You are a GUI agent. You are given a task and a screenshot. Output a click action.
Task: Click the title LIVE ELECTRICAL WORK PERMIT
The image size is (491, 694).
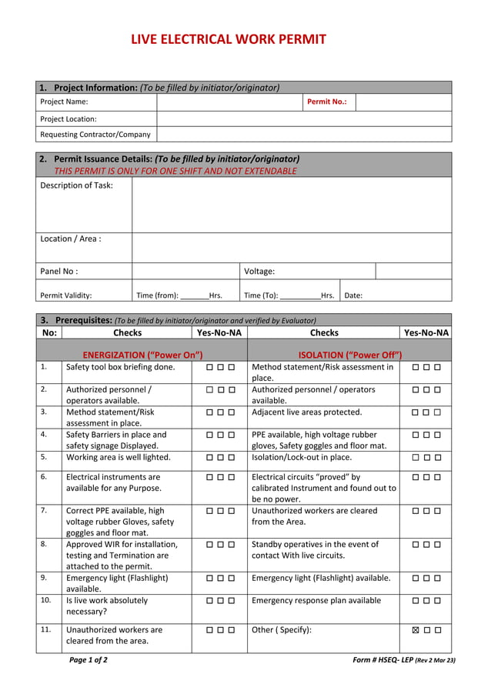click(x=228, y=39)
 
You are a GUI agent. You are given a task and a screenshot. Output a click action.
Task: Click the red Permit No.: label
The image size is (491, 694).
click(x=326, y=102)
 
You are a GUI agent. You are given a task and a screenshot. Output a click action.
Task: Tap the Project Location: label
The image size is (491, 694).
click(x=68, y=119)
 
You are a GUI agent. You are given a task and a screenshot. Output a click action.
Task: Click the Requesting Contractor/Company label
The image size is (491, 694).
click(x=95, y=135)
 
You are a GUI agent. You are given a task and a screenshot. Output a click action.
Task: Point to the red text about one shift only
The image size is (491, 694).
click(x=175, y=171)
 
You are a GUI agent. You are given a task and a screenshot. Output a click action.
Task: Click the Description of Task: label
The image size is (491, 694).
click(x=76, y=185)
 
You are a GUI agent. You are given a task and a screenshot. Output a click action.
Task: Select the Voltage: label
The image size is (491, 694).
click(x=259, y=272)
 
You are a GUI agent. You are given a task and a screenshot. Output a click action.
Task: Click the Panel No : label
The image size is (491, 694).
click(x=59, y=272)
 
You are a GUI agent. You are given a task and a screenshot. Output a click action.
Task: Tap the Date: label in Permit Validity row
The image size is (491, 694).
click(x=353, y=295)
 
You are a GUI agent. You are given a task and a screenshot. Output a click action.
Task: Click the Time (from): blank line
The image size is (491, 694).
click(x=194, y=296)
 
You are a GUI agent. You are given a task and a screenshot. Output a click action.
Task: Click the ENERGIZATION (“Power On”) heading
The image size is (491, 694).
click(x=142, y=355)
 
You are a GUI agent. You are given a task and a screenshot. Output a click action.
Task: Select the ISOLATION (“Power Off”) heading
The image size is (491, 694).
click(x=350, y=355)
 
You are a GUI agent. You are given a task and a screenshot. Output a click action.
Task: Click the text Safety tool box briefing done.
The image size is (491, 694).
click(x=120, y=368)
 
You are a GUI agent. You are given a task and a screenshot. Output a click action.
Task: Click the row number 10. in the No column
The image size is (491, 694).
click(x=45, y=600)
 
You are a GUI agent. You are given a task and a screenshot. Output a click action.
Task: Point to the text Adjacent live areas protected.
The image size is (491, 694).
click(x=306, y=412)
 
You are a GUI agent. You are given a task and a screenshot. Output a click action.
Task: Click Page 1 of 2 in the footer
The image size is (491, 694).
click(x=89, y=660)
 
